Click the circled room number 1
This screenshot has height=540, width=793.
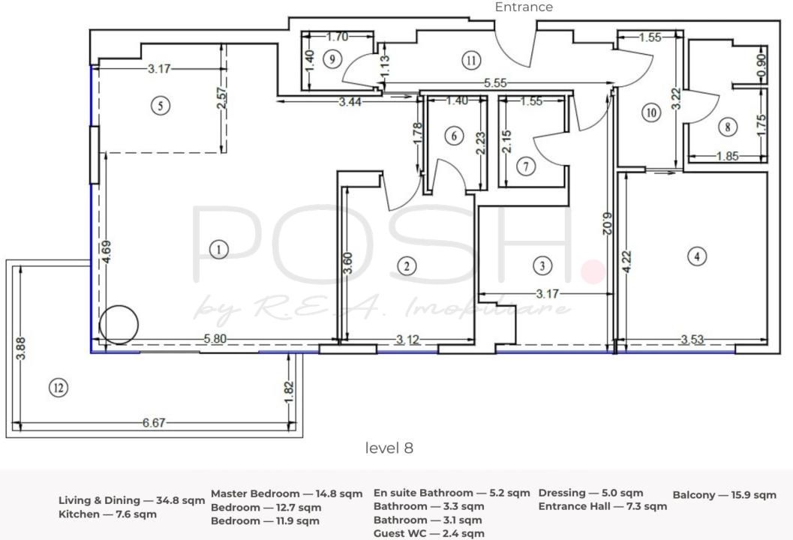pyautogui.click(x=218, y=249)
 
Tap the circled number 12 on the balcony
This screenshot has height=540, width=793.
pyautogui.click(x=59, y=388)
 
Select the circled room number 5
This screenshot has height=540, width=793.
pyautogui.click(x=161, y=106)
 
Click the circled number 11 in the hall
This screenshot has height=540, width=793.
pyautogui.click(x=471, y=61)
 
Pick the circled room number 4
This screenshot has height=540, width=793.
pyautogui.click(x=697, y=256)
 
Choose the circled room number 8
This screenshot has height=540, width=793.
pyautogui.click(x=727, y=127)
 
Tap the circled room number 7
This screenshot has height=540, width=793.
pyautogui.click(x=526, y=166)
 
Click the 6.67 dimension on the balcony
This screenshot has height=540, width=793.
pyautogui.click(x=154, y=422)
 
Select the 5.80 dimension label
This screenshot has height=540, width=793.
pyautogui.click(x=215, y=338)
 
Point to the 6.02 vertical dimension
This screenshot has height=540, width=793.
pyautogui.click(x=608, y=223)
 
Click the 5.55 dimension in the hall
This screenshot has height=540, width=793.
pyautogui.click(x=494, y=83)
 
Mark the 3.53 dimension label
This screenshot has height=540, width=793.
pyautogui.click(x=692, y=339)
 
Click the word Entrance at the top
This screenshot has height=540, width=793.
pyautogui.click(x=524, y=7)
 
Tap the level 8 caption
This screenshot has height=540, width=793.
pyautogui.click(x=389, y=448)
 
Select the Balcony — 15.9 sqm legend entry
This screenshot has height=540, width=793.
pyautogui.click(x=724, y=495)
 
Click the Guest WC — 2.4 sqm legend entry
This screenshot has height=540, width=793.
pyautogui.click(x=429, y=533)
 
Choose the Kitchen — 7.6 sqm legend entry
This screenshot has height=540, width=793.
pyautogui.click(x=108, y=514)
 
